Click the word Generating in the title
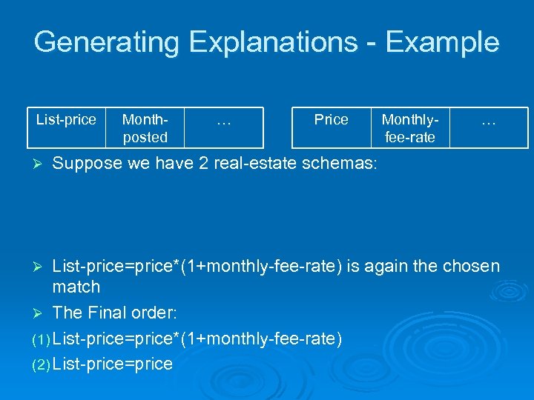pyautogui.click(x=107, y=42)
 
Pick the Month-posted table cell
pyautogui.click(x=145, y=127)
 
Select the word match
pyautogui.click(x=76, y=286)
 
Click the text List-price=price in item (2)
pyautogui.click(x=113, y=364)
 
